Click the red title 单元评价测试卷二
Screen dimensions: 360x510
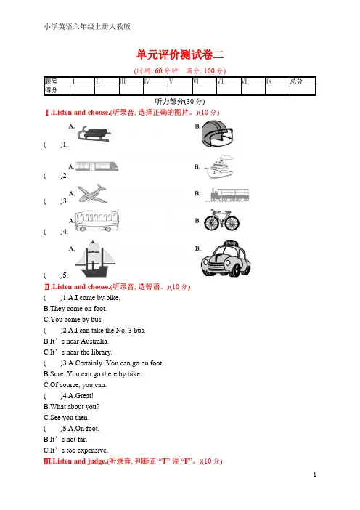tap(180, 54)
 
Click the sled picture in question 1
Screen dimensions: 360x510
tap(94, 134)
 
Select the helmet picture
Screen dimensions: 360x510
tap(217, 134)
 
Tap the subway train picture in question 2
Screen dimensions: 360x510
tap(97, 166)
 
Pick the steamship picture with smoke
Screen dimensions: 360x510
tap(219, 167)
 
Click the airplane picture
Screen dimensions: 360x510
tap(92, 193)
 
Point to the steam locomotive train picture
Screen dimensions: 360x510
tap(229, 195)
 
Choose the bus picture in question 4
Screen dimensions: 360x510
tap(97, 221)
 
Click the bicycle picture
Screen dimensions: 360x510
tap(221, 221)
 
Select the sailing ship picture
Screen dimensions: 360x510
tap(95, 259)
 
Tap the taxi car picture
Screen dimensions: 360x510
tap(226, 259)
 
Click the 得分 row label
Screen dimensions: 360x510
tap(51, 90)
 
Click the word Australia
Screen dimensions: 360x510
tap(94, 341)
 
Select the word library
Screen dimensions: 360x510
tap(101, 352)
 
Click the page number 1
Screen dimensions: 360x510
tap(314, 474)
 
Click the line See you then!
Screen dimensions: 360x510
tap(67, 417)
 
